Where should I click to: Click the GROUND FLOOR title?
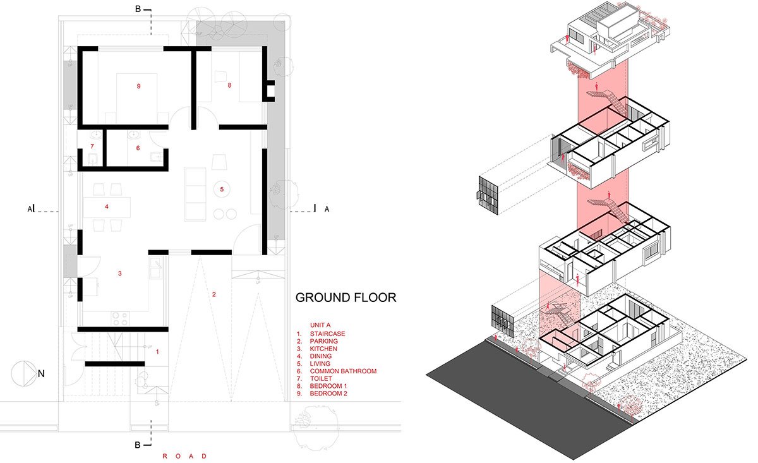[x=346, y=298]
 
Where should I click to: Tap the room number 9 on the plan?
[x=138, y=87]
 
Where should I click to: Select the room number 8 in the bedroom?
[x=229, y=85]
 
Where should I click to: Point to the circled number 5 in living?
[x=222, y=189]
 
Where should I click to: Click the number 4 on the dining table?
[x=107, y=207]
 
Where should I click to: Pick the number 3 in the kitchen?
[x=120, y=274]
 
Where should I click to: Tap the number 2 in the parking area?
[x=214, y=294]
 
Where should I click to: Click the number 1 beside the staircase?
[x=157, y=352]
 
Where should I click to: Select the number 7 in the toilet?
[x=92, y=147]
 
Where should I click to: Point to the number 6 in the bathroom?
[x=138, y=148]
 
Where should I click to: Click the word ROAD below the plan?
[x=184, y=456]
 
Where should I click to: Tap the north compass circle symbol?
[x=24, y=374]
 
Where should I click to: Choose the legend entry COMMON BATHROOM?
[x=343, y=371]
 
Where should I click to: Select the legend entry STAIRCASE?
[x=328, y=334]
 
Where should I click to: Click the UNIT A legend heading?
[x=320, y=325]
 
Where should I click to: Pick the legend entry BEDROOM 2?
[x=328, y=394]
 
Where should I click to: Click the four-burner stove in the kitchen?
[x=120, y=318]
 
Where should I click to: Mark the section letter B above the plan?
[x=138, y=9]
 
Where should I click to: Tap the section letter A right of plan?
[x=327, y=209]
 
